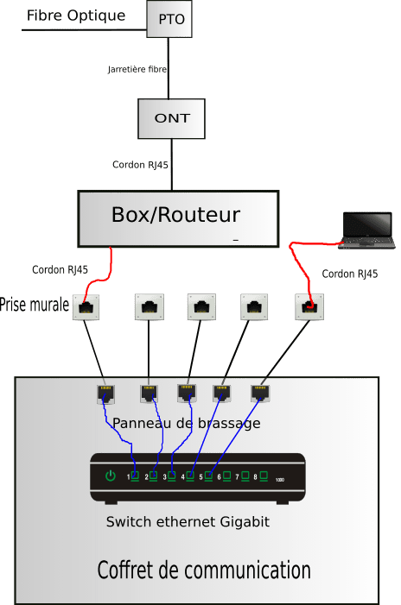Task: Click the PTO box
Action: point(169,18)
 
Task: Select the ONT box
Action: point(171,118)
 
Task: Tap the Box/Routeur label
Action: point(175,215)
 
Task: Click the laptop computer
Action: point(366,230)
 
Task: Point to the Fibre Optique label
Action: point(76,16)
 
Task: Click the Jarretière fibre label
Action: point(137,69)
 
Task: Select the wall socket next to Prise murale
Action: point(86,307)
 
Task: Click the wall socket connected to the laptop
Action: point(309,306)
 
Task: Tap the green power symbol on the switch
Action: point(111,476)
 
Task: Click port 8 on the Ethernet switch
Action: point(264,476)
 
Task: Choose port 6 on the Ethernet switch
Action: point(226,476)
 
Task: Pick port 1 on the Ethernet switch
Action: point(135,476)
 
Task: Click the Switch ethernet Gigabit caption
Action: point(188,521)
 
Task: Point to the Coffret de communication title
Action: point(204,570)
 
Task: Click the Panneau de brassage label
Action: point(186,423)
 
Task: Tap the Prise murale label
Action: point(35,305)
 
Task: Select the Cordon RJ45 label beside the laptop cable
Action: point(350,274)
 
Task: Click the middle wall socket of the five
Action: point(201,306)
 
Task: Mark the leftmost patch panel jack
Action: point(105,394)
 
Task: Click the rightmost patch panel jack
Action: point(260,394)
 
